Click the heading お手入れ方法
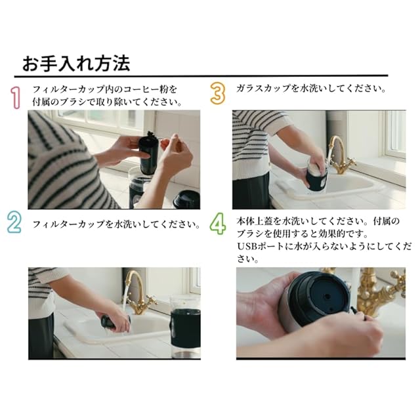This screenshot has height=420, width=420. pos(76,64)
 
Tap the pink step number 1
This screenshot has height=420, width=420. pos(16,98)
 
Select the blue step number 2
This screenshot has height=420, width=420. pos(14,222)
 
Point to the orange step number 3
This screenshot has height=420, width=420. pos(218,93)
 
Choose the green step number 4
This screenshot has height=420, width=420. pos(217,224)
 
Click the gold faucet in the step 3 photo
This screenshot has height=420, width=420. pos(340,156)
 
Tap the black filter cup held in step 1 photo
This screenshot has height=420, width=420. pos(149,154)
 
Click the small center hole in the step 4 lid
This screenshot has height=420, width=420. pos(327,297)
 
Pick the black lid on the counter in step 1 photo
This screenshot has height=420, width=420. pos(187,199)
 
